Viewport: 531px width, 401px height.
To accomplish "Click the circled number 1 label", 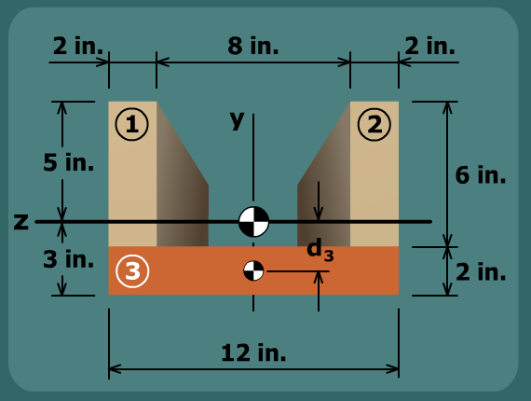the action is [131, 124].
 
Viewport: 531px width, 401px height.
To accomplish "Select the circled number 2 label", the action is [374, 124].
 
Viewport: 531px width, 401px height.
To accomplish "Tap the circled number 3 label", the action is [132, 271].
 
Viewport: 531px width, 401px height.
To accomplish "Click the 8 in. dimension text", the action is [253, 46].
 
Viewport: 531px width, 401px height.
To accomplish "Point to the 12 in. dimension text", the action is [253, 353].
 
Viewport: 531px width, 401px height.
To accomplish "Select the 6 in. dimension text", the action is [480, 175].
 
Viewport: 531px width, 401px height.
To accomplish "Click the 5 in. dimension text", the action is [68, 162].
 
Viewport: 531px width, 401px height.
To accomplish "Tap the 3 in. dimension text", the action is [68, 259].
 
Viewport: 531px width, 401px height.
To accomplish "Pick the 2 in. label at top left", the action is [78, 46].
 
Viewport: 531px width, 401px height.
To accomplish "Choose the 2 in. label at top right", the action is [429, 46].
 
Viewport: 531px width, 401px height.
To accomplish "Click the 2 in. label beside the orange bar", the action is [481, 271].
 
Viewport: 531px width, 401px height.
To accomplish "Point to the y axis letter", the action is [237, 119].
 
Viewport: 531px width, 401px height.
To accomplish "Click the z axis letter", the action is [21, 222].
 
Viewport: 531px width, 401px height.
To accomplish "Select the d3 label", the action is [320, 249].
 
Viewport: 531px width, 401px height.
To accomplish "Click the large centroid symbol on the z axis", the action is [253, 222].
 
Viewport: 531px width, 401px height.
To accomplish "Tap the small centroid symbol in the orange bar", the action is [253, 270].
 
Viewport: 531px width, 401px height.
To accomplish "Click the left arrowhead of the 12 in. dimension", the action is [115, 369].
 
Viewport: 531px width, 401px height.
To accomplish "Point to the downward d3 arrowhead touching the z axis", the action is [318, 214].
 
